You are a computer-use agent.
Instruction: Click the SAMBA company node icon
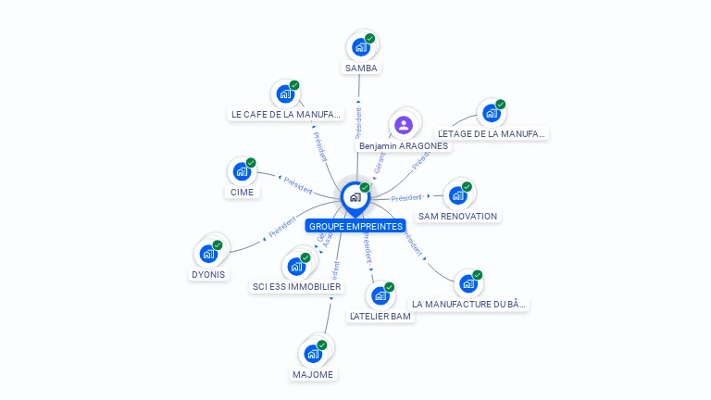(x=361, y=46)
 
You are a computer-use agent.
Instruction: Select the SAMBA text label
(x=361, y=69)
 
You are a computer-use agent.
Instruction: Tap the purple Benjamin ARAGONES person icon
(x=403, y=124)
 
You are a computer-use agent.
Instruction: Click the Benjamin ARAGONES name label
(x=404, y=145)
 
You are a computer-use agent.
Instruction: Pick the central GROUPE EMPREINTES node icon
(x=355, y=196)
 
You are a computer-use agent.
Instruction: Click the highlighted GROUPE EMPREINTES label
(x=355, y=226)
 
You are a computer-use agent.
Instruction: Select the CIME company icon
(x=242, y=171)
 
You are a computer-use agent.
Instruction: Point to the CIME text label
(x=242, y=193)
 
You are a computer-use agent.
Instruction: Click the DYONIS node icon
(x=208, y=253)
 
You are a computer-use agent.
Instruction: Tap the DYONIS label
(x=208, y=274)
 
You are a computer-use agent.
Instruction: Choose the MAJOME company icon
(x=313, y=353)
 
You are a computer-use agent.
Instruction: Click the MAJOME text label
(x=313, y=374)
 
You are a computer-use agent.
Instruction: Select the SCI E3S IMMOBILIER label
(x=296, y=287)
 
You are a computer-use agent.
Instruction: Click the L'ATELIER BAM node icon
(x=380, y=295)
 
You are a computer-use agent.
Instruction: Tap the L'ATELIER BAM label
(x=380, y=316)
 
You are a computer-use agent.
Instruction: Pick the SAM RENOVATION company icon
(x=457, y=195)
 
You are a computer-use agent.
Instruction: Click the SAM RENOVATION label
(x=457, y=216)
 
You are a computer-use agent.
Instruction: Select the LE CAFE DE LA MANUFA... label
(x=285, y=115)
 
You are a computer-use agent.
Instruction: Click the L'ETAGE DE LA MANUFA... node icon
(x=491, y=114)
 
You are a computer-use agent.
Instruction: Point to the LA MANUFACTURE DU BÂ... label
(x=470, y=304)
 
